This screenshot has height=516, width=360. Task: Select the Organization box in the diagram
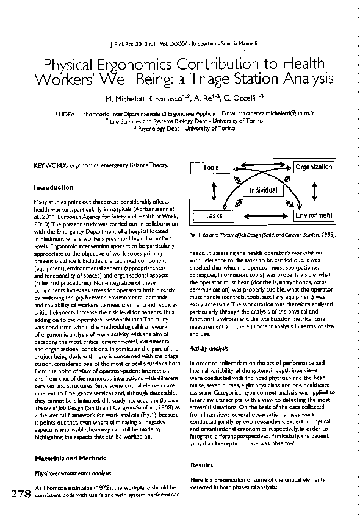[x=314, y=167]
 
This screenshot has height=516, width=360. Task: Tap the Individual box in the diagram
[x=263, y=190]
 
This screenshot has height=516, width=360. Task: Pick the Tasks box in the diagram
[x=214, y=215]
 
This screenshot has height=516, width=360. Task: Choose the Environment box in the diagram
[x=314, y=215]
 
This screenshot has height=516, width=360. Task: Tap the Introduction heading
[x=54, y=187]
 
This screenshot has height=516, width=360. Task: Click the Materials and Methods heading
[x=70, y=458]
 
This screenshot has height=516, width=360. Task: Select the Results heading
[x=202, y=465]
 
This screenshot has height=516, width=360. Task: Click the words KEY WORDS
[x=51, y=165]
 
